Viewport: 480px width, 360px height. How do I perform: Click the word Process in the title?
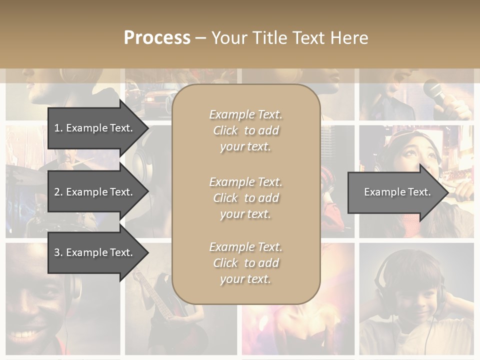(x=157, y=38)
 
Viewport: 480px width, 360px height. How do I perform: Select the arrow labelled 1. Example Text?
(x=95, y=128)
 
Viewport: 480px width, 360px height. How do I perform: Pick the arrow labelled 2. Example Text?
(x=95, y=192)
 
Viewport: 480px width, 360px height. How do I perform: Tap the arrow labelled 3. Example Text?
(x=95, y=252)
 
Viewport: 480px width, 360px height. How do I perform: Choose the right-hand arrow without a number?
(x=395, y=192)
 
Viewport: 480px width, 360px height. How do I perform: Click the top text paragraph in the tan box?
(x=245, y=130)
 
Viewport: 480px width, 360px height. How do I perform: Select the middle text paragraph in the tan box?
(x=245, y=198)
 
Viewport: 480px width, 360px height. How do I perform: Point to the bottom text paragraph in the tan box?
(x=245, y=263)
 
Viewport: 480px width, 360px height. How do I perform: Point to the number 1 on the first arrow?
(x=57, y=128)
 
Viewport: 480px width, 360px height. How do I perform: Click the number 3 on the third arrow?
(x=57, y=252)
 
